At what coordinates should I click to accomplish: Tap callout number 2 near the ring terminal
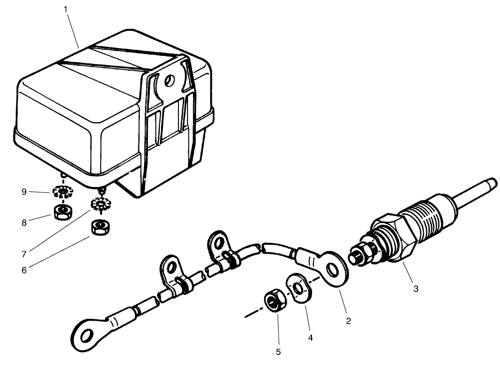coord(348,321)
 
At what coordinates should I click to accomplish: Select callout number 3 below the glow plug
coord(416,289)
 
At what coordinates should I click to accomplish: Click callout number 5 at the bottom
coord(278,352)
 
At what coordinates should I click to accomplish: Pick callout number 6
coord(24,269)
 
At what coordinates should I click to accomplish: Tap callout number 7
coord(24,249)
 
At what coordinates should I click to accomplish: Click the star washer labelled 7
coord(101,206)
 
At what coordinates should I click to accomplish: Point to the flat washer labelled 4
coord(298,288)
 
